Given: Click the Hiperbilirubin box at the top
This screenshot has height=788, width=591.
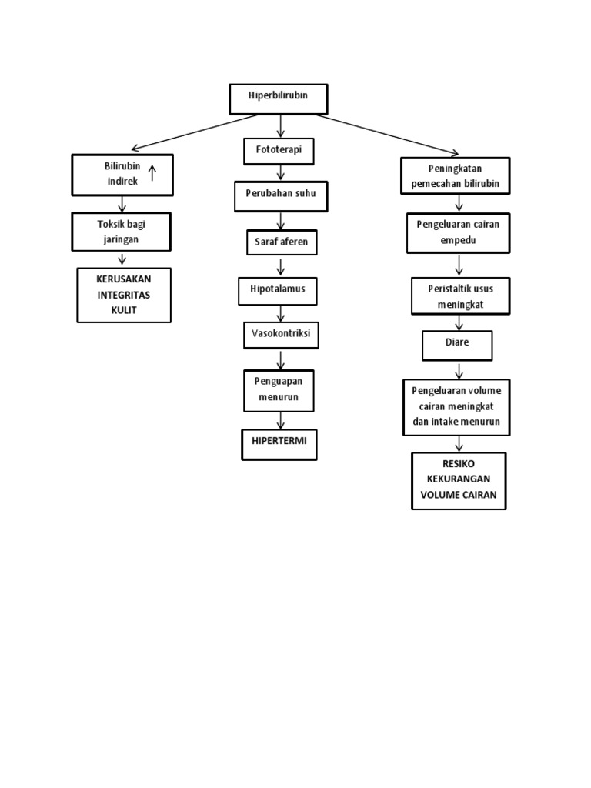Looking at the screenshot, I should tap(278, 98).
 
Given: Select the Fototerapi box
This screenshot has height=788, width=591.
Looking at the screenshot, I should tap(279, 151).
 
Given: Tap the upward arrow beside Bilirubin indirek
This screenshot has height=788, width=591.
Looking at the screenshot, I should tap(152, 173).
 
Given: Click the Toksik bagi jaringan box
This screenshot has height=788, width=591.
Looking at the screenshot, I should tap(122, 231).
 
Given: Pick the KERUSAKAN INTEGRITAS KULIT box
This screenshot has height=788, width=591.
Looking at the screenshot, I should tap(123, 295).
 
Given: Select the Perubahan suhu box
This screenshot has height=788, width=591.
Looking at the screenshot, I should tap(281, 196).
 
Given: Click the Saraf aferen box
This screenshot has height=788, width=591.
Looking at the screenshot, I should tap(281, 242).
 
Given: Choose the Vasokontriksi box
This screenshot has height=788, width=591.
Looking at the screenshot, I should tap(280, 335).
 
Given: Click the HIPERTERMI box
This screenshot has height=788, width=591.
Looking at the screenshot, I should tap(279, 444).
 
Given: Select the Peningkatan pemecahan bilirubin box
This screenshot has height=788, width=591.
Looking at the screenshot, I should tap(456, 176).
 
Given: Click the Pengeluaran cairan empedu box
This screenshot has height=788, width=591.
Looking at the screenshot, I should tap(458, 232).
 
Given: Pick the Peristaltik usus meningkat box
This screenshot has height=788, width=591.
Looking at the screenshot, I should tap(458, 296).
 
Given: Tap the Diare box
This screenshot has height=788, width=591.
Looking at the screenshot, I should tap(457, 345).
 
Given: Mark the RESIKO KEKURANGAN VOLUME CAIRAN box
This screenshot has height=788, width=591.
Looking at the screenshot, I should tap(459, 481).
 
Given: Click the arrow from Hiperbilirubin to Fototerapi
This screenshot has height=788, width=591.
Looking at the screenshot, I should tap(281, 125).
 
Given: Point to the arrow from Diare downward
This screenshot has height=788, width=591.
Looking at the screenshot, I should tap(459, 368).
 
